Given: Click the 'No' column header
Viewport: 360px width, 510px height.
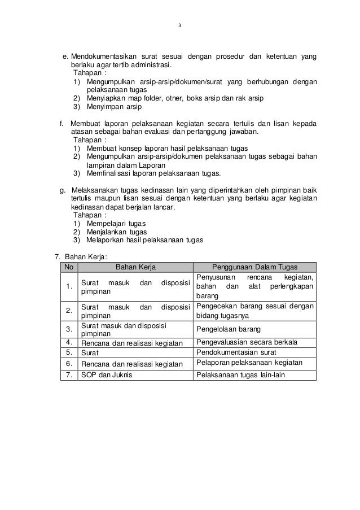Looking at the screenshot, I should click(69, 267).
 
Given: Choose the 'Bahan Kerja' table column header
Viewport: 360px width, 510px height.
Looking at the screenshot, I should click(135, 267).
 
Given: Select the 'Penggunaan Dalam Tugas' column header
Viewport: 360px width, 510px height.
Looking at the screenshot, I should click(254, 267).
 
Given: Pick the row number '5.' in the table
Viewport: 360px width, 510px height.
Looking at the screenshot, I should click(69, 352).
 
